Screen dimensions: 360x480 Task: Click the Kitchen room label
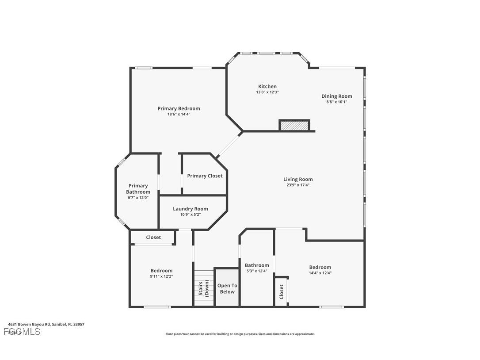tap(267, 86)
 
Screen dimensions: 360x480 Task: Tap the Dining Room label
tap(336, 96)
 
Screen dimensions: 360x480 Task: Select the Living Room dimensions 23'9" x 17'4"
tap(297, 185)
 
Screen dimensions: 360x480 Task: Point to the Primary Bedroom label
tap(179, 108)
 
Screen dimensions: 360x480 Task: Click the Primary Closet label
tap(205, 176)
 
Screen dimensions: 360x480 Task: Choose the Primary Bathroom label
tap(138, 189)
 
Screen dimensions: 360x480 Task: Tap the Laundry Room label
tap(190, 209)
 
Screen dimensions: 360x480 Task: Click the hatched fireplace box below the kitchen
tap(294, 126)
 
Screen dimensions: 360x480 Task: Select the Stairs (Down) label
tap(203, 288)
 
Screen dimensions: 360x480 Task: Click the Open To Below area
tap(227, 288)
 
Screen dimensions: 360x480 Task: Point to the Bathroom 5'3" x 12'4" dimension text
tap(257, 271)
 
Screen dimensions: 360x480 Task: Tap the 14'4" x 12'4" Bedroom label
tap(320, 267)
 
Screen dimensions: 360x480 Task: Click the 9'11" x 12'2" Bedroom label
tap(161, 271)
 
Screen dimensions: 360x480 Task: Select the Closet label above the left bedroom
tap(153, 237)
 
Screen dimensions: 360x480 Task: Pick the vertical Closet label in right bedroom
tap(281, 292)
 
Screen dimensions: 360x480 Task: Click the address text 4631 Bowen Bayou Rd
tap(46, 324)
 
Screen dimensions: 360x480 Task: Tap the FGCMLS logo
tap(22, 332)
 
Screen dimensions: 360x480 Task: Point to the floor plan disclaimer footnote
tap(240, 334)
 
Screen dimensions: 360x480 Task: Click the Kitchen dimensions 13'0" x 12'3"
tap(267, 92)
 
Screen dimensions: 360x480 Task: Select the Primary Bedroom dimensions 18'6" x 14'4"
tap(179, 114)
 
